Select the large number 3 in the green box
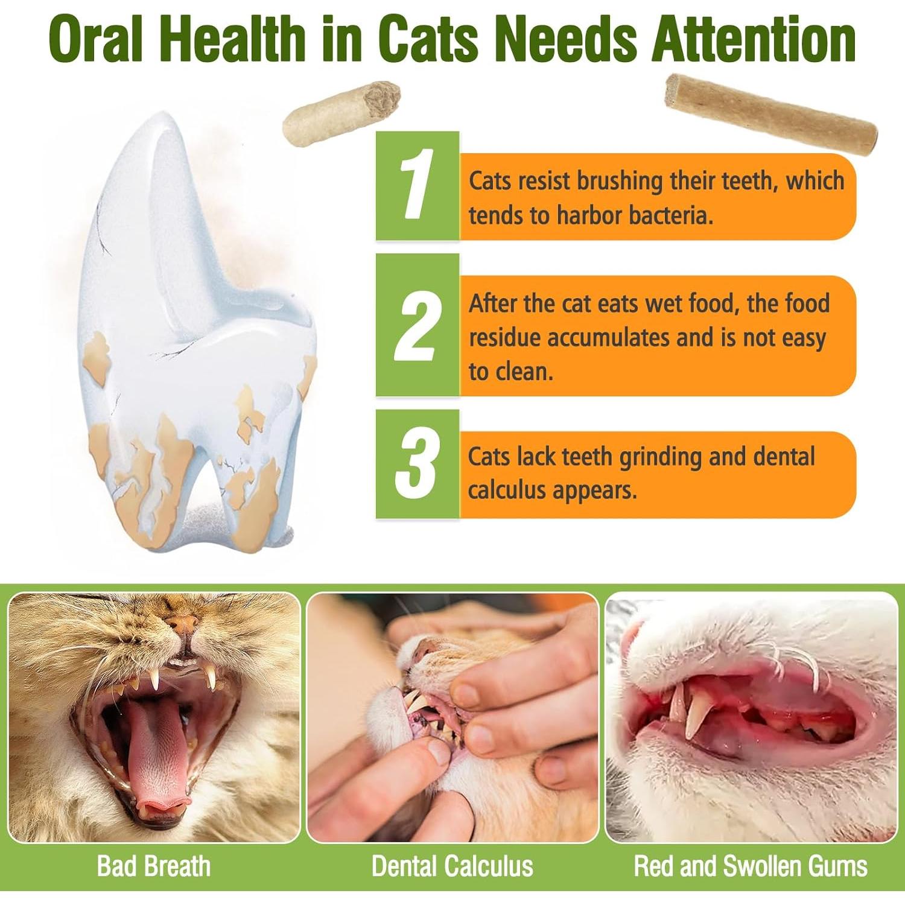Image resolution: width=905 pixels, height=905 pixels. pos(418,463)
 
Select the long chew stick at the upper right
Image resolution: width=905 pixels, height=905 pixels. pos(770,114)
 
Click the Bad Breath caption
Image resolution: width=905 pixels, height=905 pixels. pos(154,866)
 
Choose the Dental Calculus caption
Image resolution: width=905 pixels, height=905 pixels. pos(453,866)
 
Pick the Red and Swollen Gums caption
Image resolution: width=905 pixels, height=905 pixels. pos(751,866)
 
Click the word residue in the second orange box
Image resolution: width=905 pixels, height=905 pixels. pos(504,338)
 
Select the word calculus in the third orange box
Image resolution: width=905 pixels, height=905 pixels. pos(507,491)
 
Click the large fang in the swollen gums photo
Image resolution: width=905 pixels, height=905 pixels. pos(700,712)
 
